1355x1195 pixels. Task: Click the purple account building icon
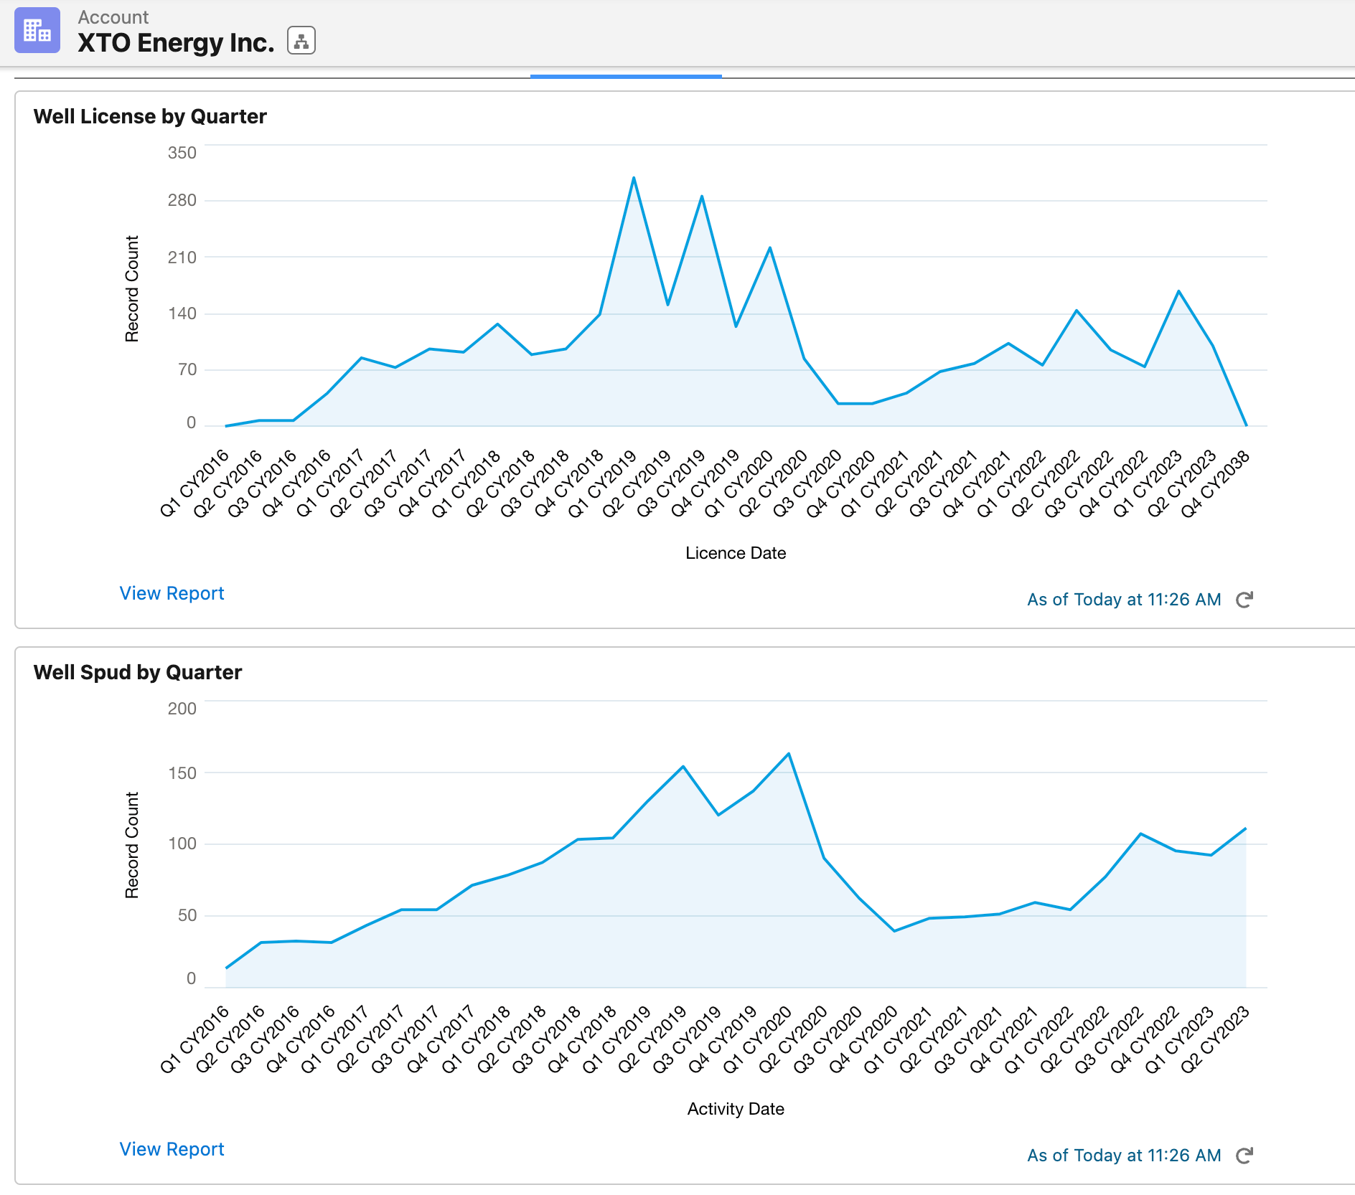(37, 31)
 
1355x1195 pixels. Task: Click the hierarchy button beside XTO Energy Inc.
(301, 41)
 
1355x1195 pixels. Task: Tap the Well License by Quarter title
(150, 116)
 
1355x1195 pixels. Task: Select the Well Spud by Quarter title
(138, 672)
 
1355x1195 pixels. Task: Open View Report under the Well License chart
(172, 593)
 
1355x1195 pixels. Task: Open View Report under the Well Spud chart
(172, 1149)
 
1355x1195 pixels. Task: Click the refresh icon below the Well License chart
(1244, 600)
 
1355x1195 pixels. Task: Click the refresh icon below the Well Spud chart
(1244, 1156)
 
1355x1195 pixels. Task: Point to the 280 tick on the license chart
(182, 200)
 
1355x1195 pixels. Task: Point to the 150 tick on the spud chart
(182, 773)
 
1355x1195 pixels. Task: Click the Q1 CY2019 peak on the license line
(634, 178)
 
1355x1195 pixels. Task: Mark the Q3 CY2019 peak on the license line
(702, 196)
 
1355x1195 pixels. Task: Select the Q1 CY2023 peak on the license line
(1178, 291)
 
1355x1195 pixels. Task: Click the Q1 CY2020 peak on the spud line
(789, 754)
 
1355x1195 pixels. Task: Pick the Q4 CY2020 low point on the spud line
(894, 931)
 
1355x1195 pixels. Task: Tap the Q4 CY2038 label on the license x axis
(1216, 483)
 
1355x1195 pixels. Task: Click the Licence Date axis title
(736, 553)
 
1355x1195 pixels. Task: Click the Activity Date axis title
(736, 1109)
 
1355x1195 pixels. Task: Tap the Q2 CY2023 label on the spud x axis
(1215, 1039)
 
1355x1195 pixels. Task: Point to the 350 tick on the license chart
(182, 153)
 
